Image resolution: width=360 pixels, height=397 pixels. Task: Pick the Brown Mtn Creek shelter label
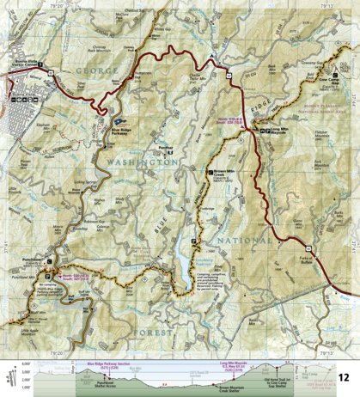coord(225,175)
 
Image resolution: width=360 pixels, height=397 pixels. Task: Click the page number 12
coord(343,377)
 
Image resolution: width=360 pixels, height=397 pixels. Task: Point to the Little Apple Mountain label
coord(33,333)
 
